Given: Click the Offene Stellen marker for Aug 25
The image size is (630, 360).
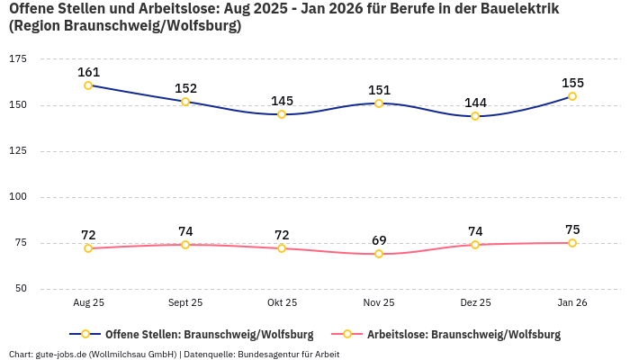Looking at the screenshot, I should click(x=88, y=85).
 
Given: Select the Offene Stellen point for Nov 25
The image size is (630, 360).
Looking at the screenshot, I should click(x=379, y=103).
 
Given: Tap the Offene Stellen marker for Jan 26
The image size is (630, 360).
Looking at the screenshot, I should click(x=572, y=96).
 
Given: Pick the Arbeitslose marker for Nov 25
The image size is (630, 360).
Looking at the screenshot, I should click(x=379, y=254).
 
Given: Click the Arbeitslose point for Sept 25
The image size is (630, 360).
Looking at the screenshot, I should click(x=185, y=245).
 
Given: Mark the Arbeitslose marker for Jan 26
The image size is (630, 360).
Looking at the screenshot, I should click(x=572, y=243).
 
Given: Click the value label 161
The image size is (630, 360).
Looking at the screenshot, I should click(x=88, y=72).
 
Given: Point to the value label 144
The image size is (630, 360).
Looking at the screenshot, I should click(x=475, y=103).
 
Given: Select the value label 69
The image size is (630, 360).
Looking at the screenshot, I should click(x=379, y=240).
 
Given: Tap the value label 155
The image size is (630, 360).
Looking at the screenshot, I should click(x=572, y=83).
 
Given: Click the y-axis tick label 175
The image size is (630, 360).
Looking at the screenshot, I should click(x=17, y=58).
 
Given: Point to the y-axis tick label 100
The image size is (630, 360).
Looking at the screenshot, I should click(x=17, y=196).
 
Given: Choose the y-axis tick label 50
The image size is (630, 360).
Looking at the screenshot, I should click(x=20, y=289).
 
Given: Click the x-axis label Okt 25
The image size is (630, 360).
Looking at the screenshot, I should click(x=282, y=303).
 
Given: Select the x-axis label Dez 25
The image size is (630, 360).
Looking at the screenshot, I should click(x=475, y=303).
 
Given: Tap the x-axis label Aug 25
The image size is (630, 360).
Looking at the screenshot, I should click(x=88, y=303).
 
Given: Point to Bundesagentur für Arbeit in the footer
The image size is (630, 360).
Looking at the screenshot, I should click(x=288, y=354).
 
